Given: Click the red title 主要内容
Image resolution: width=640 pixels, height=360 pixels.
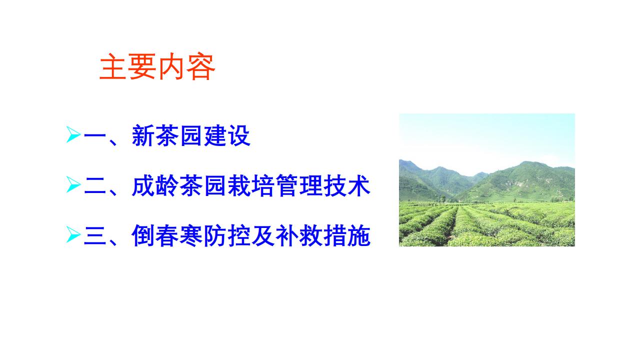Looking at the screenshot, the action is point(157,66).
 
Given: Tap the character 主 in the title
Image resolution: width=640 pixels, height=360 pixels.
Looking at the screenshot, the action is point(113,66).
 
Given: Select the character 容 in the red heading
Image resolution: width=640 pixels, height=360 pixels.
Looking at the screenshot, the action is point(201,66).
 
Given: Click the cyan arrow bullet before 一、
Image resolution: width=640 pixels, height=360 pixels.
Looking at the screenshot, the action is point(73,134).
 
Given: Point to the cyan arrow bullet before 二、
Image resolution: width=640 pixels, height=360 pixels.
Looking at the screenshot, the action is point(73,184).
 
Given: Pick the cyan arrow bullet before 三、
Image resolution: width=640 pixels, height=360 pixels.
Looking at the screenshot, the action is point(73,234).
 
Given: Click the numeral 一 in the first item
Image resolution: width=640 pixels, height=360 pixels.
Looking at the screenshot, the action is point(95,135).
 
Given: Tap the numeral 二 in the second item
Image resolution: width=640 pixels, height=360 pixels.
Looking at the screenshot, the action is point(95,185).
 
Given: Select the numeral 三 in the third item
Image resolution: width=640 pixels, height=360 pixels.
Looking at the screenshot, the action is point(95,235).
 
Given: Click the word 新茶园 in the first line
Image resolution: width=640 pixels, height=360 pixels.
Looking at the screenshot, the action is point(167,135).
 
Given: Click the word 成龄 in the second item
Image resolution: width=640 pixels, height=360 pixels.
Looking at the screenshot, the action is point(155,185).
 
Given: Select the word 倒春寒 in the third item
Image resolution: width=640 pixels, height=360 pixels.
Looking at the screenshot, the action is point(167,235).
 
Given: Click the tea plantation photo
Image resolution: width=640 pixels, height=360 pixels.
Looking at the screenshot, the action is point(487,180).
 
